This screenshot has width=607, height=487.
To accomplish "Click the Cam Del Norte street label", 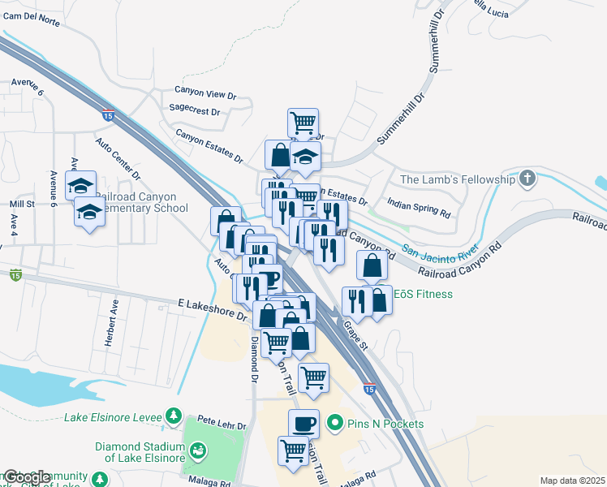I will [x=31, y=23].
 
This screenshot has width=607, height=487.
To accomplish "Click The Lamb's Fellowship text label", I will [x=457, y=179].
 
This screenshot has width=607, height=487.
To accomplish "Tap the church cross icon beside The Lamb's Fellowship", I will [x=528, y=179].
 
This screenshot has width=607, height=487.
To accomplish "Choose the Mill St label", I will [x=23, y=205].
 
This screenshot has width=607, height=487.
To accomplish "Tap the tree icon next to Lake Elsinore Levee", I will [x=173, y=416].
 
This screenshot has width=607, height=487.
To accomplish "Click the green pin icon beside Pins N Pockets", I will [x=333, y=424].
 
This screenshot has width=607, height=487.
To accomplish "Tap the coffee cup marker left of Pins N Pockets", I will [x=303, y=423].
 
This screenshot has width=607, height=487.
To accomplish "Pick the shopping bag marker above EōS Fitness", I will [x=372, y=265].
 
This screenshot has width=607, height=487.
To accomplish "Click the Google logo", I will [x=26, y=477].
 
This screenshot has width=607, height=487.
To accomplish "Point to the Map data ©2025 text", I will [x=573, y=481].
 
